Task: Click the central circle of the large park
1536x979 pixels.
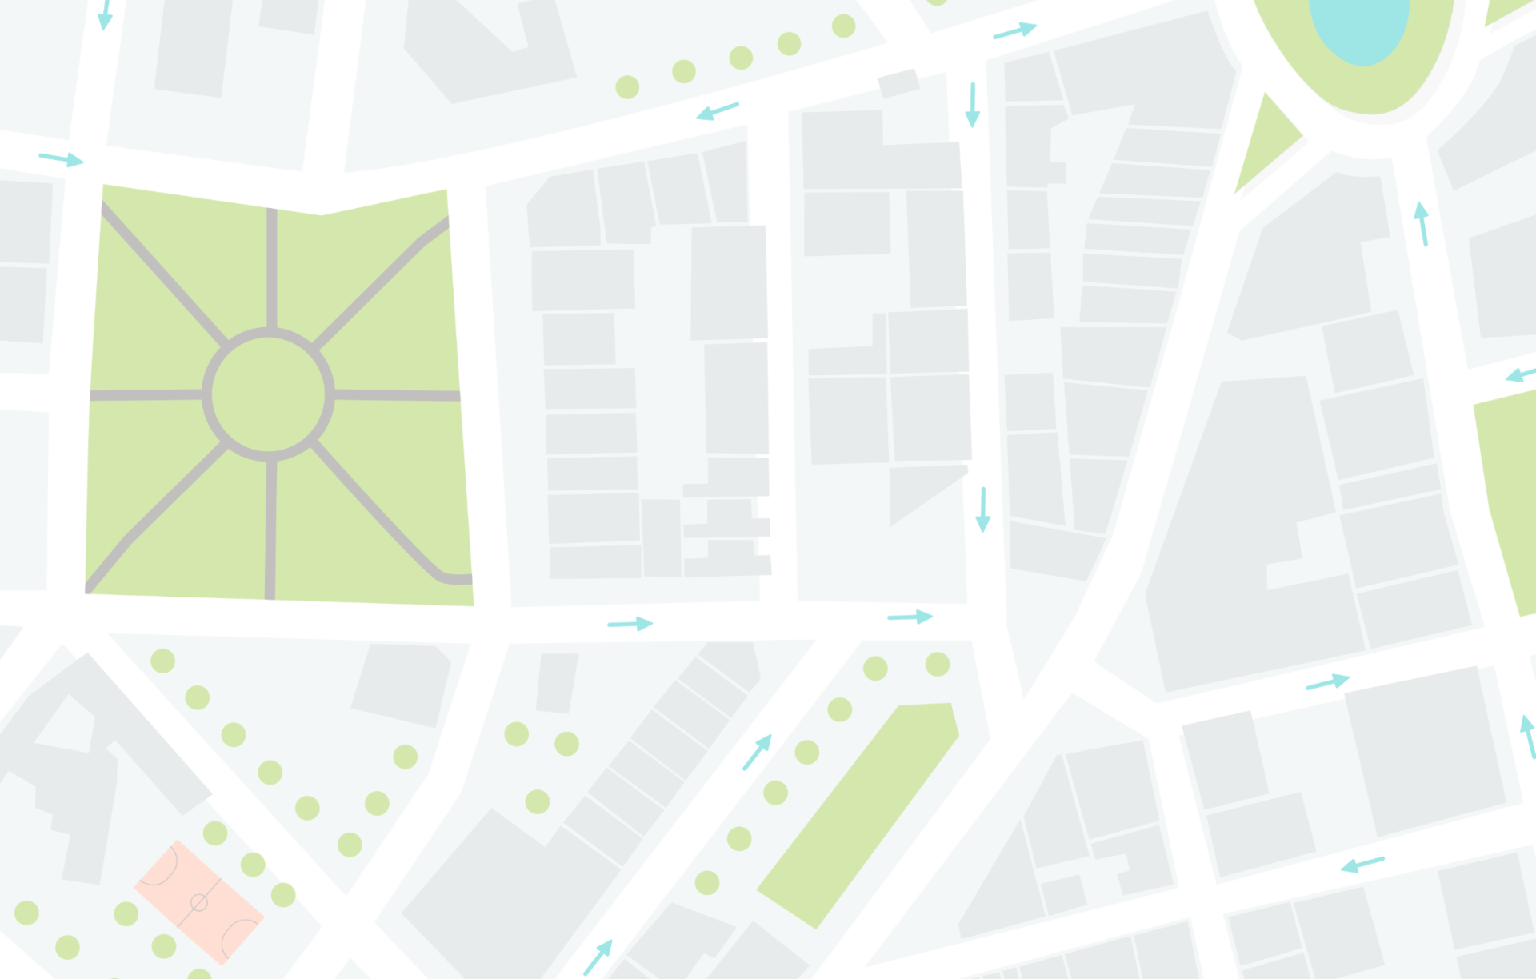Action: pos(268,394)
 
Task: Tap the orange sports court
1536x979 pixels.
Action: pos(199,901)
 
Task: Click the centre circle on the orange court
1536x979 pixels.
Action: pos(199,903)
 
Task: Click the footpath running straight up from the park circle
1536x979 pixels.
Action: pos(272,268)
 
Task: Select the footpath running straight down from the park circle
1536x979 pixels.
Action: pos(270,528)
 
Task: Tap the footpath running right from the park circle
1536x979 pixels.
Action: pos(396,395)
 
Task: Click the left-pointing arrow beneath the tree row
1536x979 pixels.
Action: pos(717,110)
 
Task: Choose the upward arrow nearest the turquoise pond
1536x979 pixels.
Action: pos(1422,222)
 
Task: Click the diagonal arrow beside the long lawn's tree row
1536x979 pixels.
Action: pos(757,752)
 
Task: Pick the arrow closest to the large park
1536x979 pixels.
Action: pos(62,158)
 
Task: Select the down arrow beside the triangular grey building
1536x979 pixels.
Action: pos(982,509)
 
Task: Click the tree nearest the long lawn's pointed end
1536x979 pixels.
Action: pos(937,664)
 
